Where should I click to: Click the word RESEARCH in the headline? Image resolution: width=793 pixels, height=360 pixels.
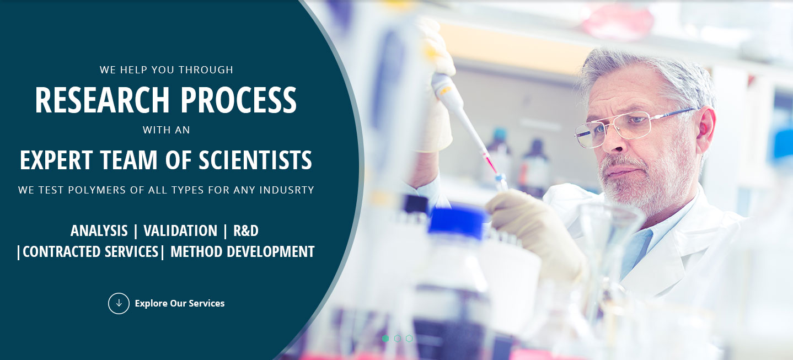pos(103,100)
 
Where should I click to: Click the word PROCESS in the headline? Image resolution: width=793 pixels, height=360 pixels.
pos(239,100)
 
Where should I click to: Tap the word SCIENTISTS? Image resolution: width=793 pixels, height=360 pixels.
pos(255,160)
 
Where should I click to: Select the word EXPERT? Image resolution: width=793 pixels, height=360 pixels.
pos(56,160)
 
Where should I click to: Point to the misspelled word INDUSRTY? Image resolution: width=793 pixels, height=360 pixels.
pos(287,190)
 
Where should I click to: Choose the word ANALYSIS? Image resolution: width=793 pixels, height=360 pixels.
pos(99,231)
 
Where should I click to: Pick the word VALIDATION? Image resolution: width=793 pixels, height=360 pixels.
pos(180,231)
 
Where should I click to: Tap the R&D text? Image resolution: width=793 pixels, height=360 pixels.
pos(246,231)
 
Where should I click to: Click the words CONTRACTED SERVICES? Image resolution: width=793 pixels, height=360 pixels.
pos(90,252)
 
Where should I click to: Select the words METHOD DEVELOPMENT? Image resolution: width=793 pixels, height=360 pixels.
pos(243,252)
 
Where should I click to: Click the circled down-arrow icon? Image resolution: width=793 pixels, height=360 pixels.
pos(119,303)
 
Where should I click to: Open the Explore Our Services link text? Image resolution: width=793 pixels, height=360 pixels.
pos(179,303)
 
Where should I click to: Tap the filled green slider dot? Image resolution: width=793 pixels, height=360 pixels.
pos(385,338)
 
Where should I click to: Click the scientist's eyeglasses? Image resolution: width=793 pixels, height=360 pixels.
pos(626,127)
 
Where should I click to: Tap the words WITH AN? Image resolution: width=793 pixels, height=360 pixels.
pos(167,130)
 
